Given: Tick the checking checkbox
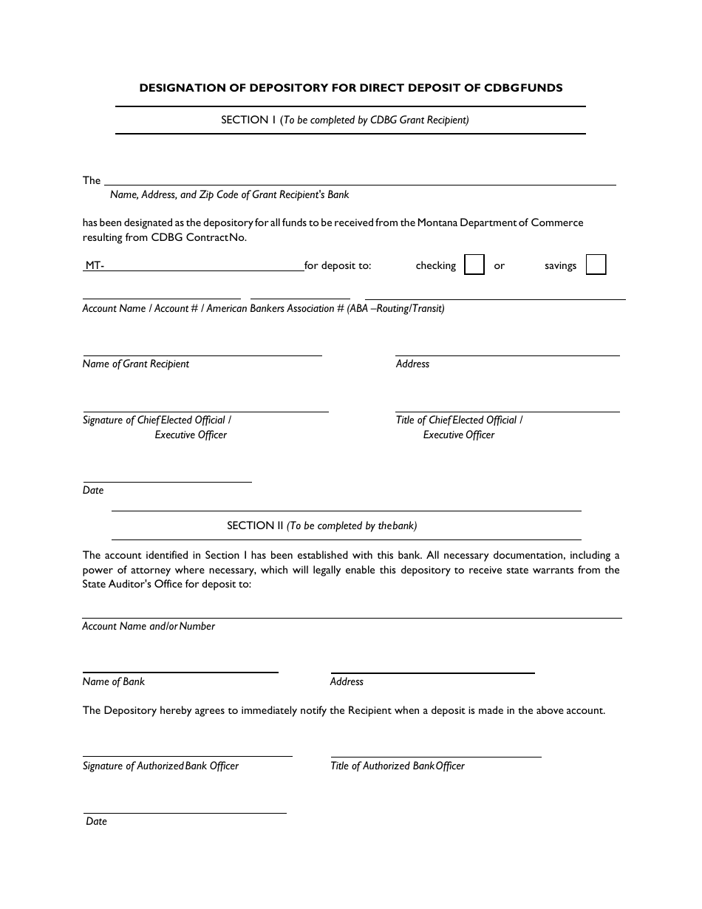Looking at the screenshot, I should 474,265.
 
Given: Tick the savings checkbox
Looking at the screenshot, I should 596,265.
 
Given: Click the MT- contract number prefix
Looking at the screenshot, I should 95,266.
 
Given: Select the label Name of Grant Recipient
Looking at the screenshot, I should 136,364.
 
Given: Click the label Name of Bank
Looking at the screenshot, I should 114,682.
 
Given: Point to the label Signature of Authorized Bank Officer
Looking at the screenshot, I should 160,766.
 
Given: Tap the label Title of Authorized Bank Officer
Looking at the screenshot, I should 398,766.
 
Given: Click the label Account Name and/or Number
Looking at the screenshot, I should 149,627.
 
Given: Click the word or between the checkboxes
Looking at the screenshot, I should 500,266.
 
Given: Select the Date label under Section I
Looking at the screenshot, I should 93,491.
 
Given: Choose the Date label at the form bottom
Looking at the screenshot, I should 96,822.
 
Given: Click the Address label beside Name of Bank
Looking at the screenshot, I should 347,682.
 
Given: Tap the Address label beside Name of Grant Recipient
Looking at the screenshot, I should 412,364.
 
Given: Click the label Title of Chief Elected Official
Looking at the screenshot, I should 459,421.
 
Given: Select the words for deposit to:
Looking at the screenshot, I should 338,266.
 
